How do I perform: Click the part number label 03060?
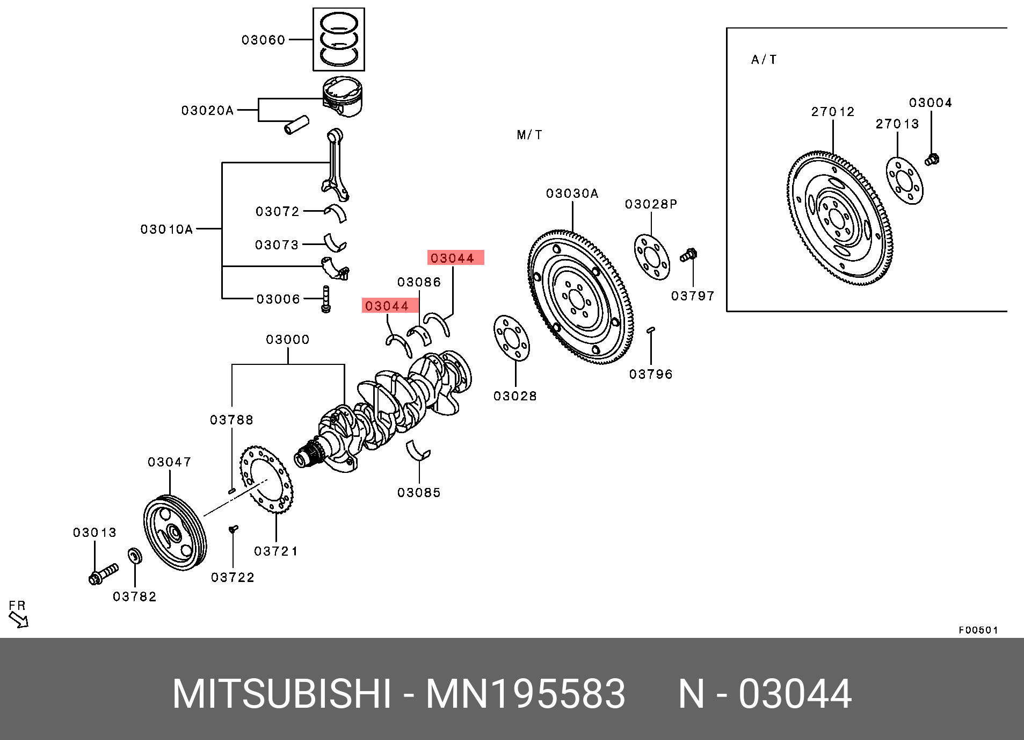click(263, 40)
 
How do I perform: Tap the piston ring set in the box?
click(339, 39)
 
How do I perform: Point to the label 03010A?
click(166, 229)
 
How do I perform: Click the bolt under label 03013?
click(103, 574)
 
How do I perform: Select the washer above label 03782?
click(135, 556)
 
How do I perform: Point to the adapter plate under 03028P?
click(652, 257)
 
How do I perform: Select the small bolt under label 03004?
click(932, 159)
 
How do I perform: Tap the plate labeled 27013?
click(905, 181)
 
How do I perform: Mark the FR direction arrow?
click(19, 620)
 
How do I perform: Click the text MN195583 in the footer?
click(525, 694)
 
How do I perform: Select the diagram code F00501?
click(978, 630)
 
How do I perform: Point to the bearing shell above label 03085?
click(418, 450)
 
